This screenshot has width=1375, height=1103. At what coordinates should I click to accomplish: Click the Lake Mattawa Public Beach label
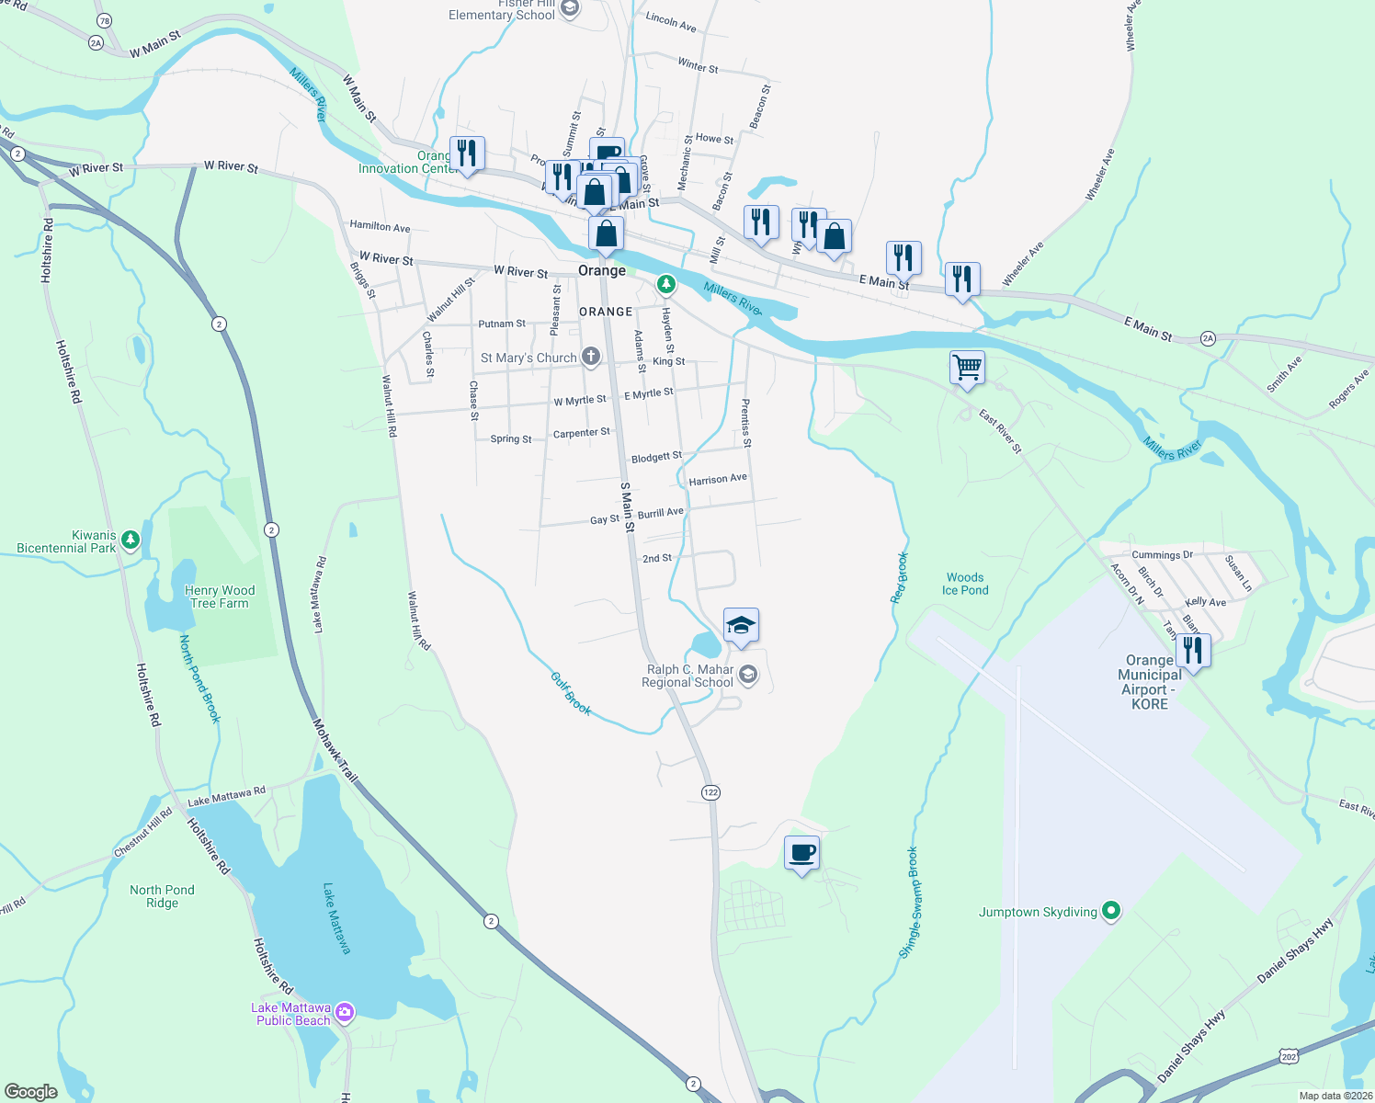coord(291,1014)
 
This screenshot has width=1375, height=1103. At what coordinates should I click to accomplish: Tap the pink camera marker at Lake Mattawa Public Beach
coord(345,1013)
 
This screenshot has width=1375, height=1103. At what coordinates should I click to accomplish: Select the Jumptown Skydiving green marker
coord(1111,911)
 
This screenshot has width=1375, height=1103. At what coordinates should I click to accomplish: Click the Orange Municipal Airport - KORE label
coord(1150,682)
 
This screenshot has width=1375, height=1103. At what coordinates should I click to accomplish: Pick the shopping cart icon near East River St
coord(967,368)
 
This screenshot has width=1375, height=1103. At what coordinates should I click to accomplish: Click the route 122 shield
coord(710,792)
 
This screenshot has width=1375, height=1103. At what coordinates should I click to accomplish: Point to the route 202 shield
coord(1290,1057)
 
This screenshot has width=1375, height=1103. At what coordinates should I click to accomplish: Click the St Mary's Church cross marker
coord(591,357)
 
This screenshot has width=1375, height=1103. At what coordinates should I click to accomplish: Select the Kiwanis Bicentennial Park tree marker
coord(131,540)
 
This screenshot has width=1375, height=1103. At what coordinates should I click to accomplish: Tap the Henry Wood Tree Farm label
coord(220,597)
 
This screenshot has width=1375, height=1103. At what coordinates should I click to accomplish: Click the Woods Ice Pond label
coord(965,584)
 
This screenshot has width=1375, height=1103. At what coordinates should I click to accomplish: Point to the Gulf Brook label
coord(571,693)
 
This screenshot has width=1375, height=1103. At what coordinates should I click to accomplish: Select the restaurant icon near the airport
coord(1192,649)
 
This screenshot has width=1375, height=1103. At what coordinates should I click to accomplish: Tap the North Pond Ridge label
coord(162,896)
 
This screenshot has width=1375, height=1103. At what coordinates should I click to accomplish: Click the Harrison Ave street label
coord(718,479)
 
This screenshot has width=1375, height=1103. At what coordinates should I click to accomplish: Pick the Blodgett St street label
coord(656,457)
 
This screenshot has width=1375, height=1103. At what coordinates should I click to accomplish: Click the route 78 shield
coord(104,21)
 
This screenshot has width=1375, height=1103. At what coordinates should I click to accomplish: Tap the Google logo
coord(31,1092)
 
